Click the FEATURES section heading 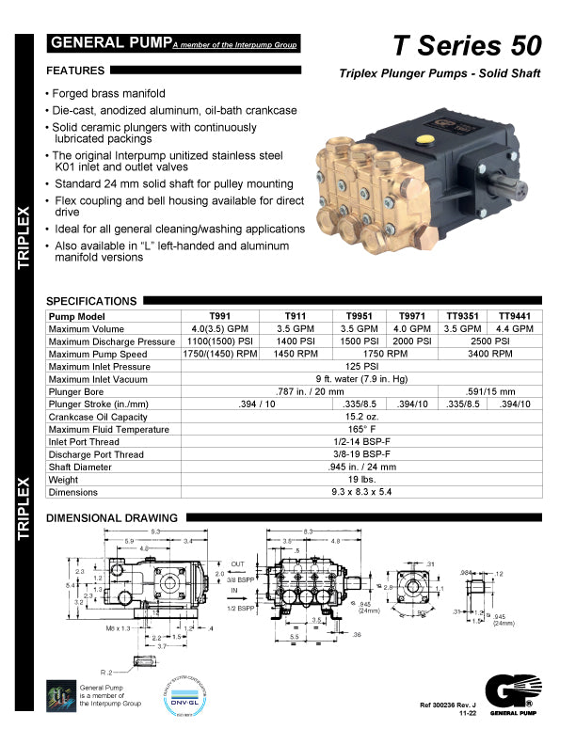tap(75, 71)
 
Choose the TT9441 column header tap(515, 316)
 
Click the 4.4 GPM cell tap(515, 328)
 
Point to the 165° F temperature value tap(361, 429)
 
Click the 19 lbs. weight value tap(361, 480)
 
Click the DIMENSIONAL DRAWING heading tap(111, 517)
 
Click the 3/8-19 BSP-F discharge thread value tap(361, 454)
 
